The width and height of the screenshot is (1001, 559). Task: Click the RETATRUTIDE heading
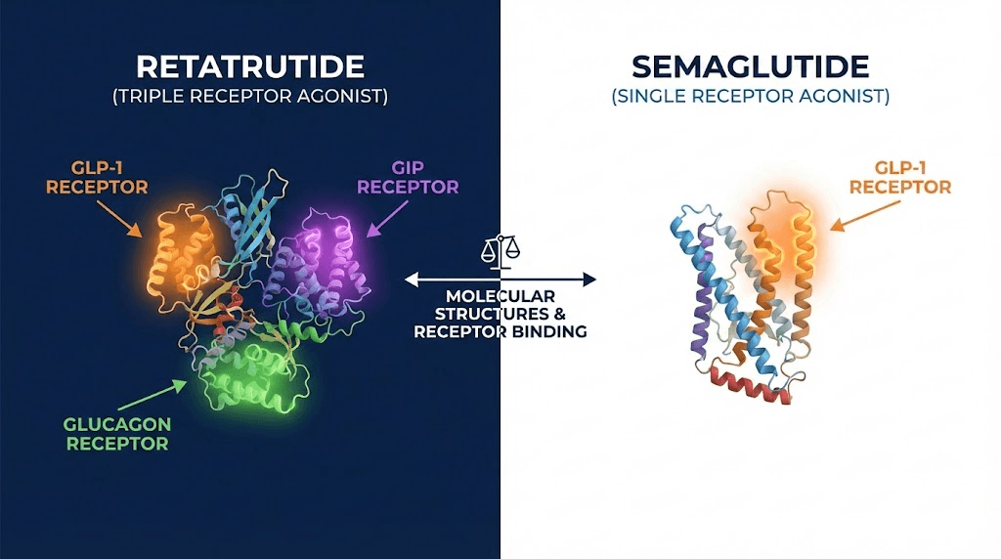[250, 66]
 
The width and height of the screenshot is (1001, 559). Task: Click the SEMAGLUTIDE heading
[750, 66]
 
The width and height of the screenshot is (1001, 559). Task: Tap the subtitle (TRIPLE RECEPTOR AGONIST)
[250, 97]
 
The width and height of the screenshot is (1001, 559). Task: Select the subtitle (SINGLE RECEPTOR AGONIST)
[750, 97]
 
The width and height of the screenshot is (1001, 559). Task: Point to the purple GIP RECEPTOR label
[408, 177]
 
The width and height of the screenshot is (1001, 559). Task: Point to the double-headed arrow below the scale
[500, 279]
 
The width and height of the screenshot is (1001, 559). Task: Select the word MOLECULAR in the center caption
[500, 296]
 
